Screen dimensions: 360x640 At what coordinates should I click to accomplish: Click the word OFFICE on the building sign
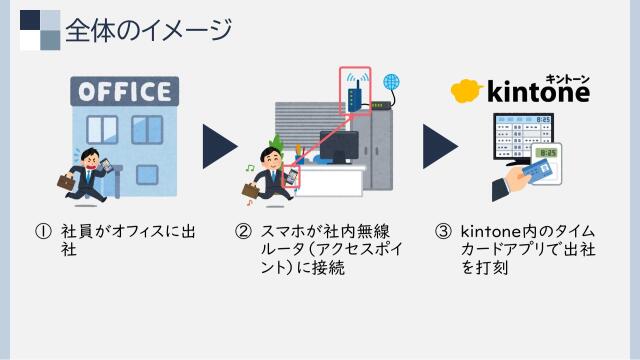(x=123, y=92)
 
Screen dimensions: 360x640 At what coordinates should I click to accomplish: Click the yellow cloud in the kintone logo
(x=466, y=92)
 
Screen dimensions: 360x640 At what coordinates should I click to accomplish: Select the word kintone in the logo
(x=537, y=92)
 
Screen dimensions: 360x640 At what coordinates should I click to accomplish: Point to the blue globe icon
(x=391, y=82)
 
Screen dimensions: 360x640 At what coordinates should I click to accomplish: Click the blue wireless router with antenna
(x=354, y=96)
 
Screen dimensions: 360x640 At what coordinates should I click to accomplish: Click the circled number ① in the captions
(x=42, y=231)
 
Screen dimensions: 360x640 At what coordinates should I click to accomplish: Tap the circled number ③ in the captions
(x=443, y=231)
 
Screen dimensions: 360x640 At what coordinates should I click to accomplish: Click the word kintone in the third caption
(x=488, y=231)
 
